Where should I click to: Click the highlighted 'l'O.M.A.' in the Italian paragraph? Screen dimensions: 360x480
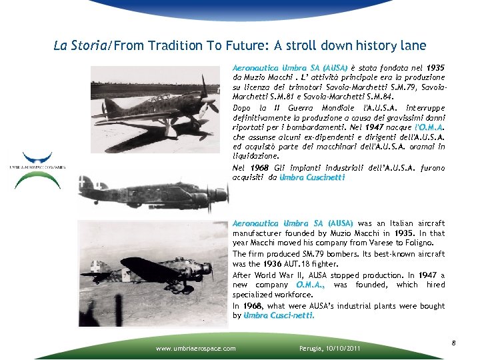pyautogui.click(x=429, y=126)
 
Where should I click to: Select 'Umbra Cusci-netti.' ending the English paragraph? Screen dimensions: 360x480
pyautogui.click(x=279, y=315)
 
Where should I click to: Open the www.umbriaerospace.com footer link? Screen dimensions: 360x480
pyautogui.click(x=195, y=348)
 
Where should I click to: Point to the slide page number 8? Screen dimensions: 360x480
pyautogui.click(x=453, y=343)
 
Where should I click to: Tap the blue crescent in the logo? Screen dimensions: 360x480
pyautogui.click(x=37, y=159)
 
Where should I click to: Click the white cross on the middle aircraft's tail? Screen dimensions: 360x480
pyautogui.click(x=86, y=181)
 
